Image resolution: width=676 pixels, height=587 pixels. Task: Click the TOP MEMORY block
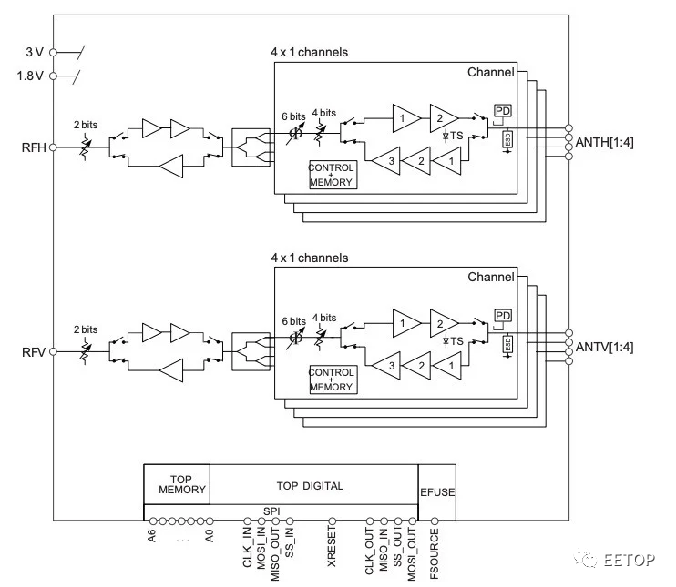177,484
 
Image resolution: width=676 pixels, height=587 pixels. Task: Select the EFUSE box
437,491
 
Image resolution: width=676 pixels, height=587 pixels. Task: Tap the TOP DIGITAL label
310,486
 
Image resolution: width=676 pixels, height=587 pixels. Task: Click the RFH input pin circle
53,147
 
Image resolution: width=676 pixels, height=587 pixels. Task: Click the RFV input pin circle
53,352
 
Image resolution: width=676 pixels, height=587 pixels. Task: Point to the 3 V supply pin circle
53,53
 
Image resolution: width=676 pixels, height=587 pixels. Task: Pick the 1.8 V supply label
30,76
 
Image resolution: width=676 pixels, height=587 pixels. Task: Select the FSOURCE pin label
435,554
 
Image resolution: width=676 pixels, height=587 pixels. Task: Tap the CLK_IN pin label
247,548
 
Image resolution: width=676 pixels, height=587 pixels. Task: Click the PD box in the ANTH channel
503,111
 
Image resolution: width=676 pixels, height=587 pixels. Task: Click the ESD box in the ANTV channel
507,344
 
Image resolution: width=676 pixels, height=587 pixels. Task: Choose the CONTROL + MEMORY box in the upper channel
331,175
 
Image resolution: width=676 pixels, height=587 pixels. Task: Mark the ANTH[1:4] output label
604,142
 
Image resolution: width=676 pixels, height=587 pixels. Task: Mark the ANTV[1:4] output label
604,347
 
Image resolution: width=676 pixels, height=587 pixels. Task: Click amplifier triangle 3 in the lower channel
386,366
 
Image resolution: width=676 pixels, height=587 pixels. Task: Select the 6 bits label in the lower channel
293,321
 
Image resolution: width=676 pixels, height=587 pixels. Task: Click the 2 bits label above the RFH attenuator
86,125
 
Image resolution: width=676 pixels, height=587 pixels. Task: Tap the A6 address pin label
151,536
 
